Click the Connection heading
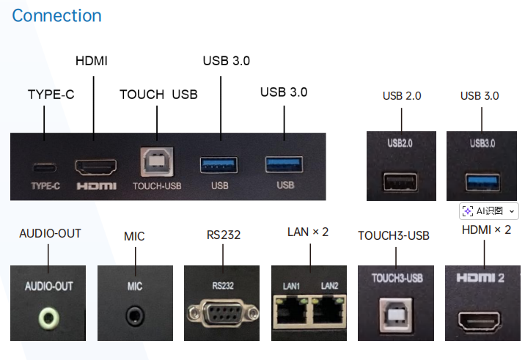point(56,15)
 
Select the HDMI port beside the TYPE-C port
point(96,166)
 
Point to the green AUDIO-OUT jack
point(49,317)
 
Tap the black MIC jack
point(133,316)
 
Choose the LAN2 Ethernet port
point(328,311)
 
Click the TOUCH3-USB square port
point(397,314)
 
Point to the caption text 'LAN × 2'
point(308,232)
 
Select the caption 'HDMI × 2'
point(486,230)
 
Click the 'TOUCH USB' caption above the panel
point(158,95)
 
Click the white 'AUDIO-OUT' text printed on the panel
point(49,286)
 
